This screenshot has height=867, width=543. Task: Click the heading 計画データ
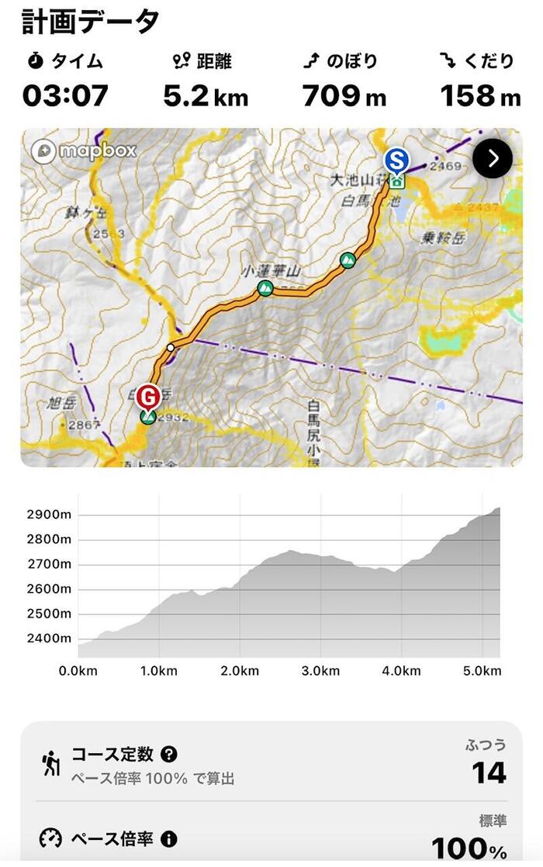(x=90, y=21)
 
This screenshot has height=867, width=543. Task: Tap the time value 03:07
(x=65, y=95)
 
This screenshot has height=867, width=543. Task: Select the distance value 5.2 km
(x=206, y=95)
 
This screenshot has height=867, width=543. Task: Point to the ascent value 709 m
(x=344, y=95)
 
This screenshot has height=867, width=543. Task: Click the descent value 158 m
(x=480, y=95)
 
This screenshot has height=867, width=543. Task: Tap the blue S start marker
(x=396, y=161)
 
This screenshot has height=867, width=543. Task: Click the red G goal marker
(x=148, y=397)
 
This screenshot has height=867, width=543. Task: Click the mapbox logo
(x=84, y=150)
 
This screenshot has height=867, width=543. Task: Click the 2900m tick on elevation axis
(x=49, y=514)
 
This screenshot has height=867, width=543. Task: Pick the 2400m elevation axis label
(x=49, y=638)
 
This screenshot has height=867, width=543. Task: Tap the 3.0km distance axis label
(x=320, y=670)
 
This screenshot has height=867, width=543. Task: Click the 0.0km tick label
(x=78, y=670)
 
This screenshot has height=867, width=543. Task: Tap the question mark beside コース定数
(x=169, y=754)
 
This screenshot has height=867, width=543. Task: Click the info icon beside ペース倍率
(x=168, y=838)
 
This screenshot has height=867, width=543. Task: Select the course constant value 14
(x=489, y=773)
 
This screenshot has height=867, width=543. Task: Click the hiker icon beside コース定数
(x=51, y=764)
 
